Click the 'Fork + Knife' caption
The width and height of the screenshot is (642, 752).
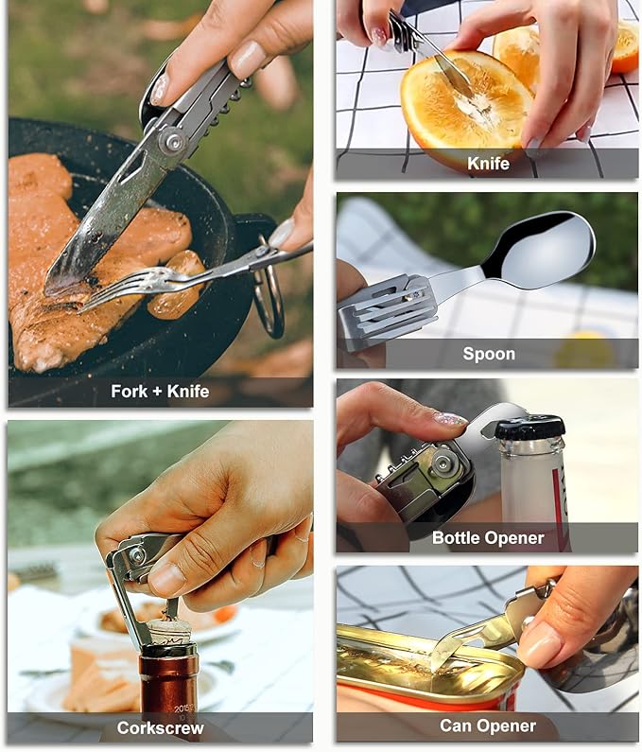pos(160,391)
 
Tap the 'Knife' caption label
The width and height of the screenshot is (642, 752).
pos(488,163)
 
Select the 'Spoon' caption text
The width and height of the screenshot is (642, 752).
pos(488,354)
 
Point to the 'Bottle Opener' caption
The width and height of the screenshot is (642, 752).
pos(488,537)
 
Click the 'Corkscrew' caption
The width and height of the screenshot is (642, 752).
pos(160,727)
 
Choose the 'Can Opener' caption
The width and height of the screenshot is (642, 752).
pos(488,726)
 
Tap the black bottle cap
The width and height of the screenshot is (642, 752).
pos(530,427)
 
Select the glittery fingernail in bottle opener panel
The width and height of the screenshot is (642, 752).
pos(450,419)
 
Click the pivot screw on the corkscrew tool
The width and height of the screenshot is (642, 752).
pos(138,556)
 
